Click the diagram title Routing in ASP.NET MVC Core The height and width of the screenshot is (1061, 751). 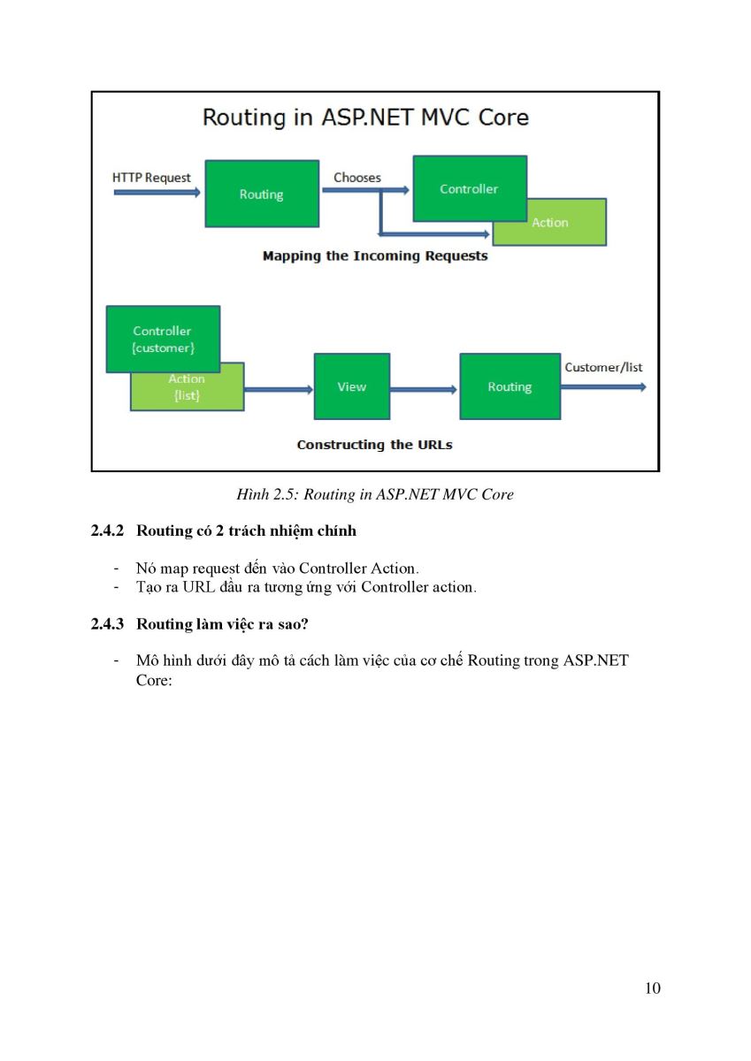pos(365,118)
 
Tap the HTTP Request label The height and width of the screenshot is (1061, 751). pos(151,178)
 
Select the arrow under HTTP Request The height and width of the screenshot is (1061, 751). pos(157,192)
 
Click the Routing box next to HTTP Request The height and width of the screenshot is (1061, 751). pos(262,194)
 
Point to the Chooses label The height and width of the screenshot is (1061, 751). pos(357,178)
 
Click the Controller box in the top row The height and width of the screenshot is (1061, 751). pos(470,188)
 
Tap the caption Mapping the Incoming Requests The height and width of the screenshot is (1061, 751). pos(375,256)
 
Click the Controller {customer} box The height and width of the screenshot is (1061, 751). pos(163,339)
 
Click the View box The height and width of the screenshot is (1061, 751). pos(352,386)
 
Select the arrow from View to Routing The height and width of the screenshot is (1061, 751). pos(424,389)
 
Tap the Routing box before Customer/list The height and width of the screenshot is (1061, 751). pos(510,386)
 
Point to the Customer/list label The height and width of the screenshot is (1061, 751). pos(603,367)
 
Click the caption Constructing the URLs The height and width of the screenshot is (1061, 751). pos(374,445)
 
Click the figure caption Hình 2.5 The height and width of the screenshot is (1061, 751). pos(375,494)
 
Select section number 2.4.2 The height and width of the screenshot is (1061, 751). pos(107,530)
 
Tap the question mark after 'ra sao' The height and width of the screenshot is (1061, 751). pos(303,624)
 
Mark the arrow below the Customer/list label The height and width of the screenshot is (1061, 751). pos(603,387)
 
